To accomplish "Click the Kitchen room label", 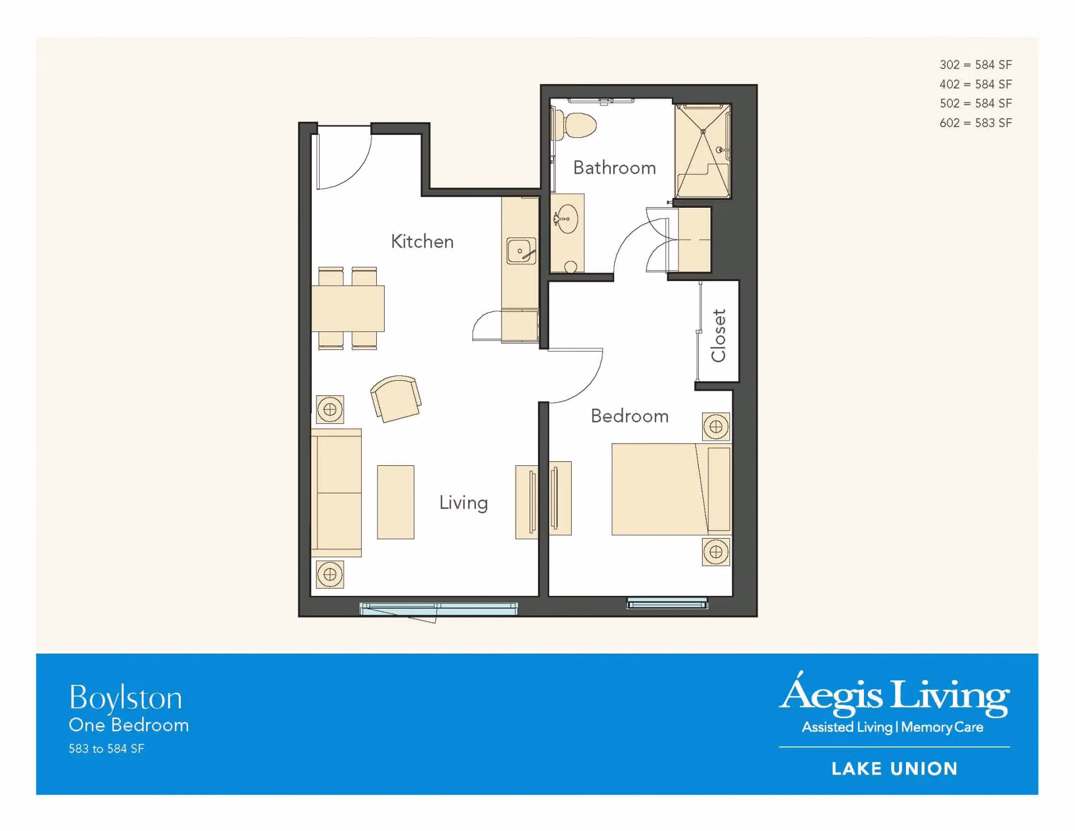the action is click(x=422, y=241).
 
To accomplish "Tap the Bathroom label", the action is click(x=614, y=167).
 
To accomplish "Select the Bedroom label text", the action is click(x=629, y=416).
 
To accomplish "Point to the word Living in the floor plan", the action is click(x=463, y=503).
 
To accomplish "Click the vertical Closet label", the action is click(x=718, y=335).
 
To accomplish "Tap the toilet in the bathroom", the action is click(x=574, y=125).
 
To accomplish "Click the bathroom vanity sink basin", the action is click(x=567, y=218).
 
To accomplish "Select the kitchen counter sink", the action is click(x=521, y=250).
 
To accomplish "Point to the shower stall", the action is click(x=703, y=151).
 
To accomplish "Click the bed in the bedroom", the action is click(x=671, y=489).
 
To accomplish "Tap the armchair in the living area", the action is click(x=396, y=398).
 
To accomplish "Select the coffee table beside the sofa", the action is click(x=395, y=502).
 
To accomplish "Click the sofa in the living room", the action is click(x=336, y=493).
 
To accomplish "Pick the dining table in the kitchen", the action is click(x=348, y=309).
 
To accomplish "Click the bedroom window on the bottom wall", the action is click(x=667, y=603).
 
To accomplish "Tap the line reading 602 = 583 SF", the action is click(x=975, y=123).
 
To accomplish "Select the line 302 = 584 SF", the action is click(x=975, y=65).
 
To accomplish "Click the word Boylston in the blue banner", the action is click(x=125, y=698).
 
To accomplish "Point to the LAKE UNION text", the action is click(x=894, y=769).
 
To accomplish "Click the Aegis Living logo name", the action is click(x=894, y=694).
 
